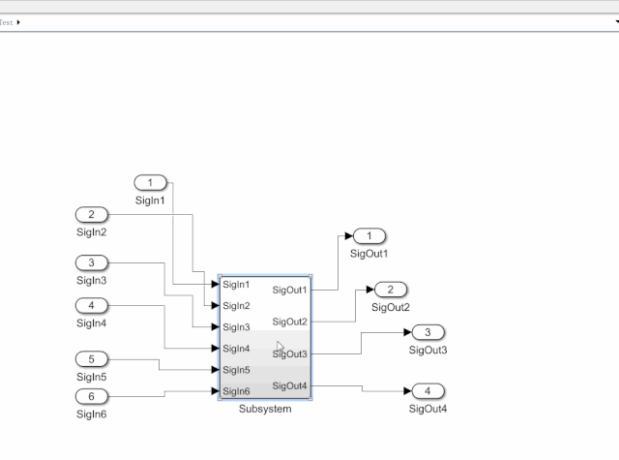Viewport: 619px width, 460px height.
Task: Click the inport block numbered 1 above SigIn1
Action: click(151, 183)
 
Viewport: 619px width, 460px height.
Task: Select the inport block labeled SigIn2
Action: click(91, 215)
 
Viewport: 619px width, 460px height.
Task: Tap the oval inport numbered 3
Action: click(91, 262)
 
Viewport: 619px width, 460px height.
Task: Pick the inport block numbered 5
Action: click(91, 359)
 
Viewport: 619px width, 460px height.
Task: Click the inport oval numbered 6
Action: click(91, 396)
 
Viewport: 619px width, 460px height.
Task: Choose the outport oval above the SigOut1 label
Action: click(369, 236)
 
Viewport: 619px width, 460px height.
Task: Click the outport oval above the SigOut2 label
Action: click(391, 290)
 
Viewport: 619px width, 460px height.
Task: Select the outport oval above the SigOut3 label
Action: click(427, 332)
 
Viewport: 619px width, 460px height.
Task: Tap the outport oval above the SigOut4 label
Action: click(427, 391)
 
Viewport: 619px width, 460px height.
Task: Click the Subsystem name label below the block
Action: click(265, 409)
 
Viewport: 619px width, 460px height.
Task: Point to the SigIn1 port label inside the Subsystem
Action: click(236, 285)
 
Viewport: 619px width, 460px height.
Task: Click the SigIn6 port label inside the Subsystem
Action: click(236, 391)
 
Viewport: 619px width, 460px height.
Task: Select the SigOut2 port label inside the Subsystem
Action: click(289, 322)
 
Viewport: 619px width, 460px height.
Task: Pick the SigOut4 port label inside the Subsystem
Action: click(289, 385)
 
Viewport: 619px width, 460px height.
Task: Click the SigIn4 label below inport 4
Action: click(91, 323)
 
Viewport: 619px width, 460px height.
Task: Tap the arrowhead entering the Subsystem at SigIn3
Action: click(215, 326)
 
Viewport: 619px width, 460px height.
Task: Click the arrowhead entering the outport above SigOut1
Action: click(348, 236)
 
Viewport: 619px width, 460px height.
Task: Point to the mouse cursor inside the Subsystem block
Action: click(280, 347)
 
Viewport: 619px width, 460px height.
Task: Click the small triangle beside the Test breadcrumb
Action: click(18, 22)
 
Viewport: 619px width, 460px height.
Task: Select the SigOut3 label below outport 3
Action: click(427, 351)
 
